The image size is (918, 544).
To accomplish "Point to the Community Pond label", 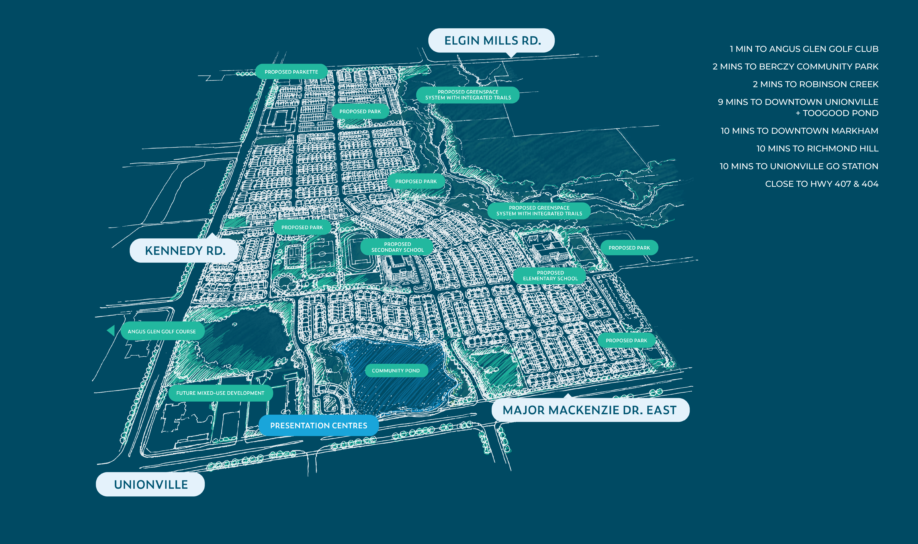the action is coord(396,371).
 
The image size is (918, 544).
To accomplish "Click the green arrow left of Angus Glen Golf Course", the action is coord(111,331).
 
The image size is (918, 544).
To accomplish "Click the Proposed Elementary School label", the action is coord(550,276).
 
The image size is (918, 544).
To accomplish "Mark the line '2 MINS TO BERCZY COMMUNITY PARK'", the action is coord(795,66).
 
